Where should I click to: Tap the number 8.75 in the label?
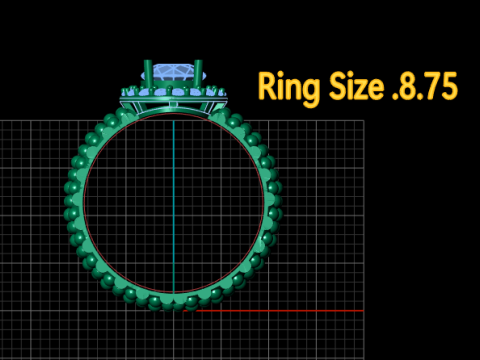(x=427, y=86)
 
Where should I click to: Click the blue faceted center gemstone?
(x=173, y=74)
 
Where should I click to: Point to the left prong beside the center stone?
(x=148, y=74)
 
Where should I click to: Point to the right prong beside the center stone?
(x=198, y=74)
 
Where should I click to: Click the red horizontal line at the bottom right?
(x=280, y=310)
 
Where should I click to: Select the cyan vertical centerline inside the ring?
(x=173, y=200)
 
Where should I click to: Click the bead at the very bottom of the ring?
(x=173, y=302)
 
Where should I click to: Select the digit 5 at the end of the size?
(x=449, y=86)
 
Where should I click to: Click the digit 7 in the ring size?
(x=431, y=86)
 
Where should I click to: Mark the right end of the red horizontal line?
(x=362, y=310)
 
